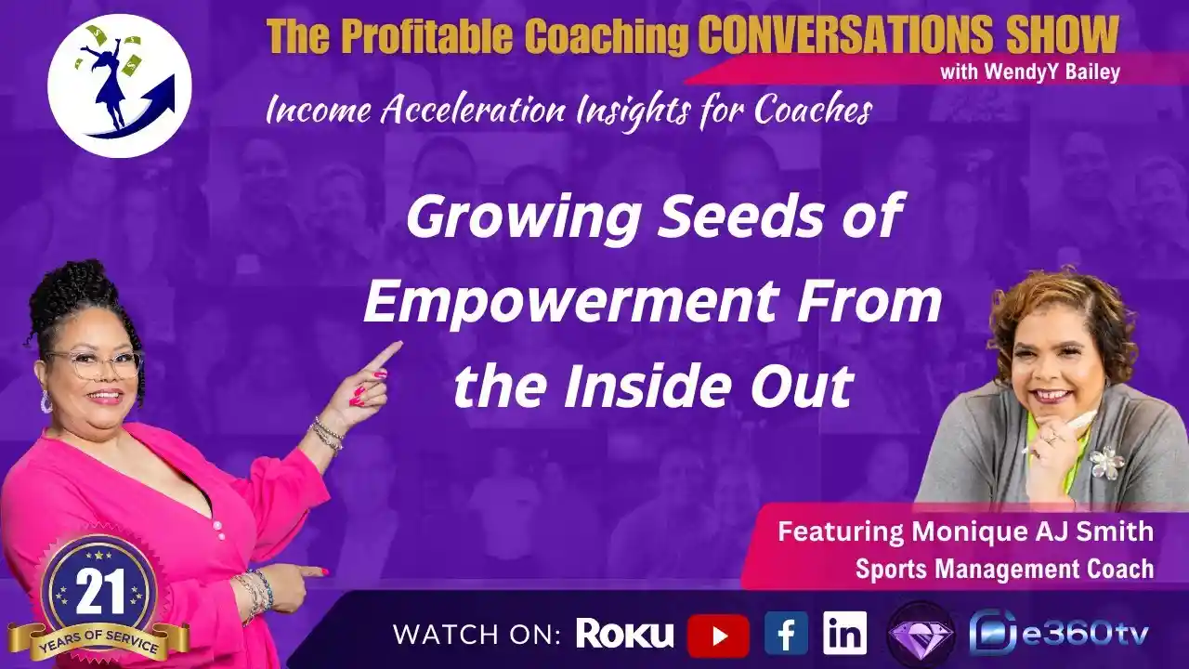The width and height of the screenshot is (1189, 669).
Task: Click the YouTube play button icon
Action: pyautogui.click(x=718, y=636)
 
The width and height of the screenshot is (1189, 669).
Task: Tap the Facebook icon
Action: pyautogui.click(x=786, y=635)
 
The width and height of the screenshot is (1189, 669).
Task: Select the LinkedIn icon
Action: pyautogui.click(x=844, y=634)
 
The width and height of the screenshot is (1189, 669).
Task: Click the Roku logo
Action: pyautogui.click(x=624, y=634)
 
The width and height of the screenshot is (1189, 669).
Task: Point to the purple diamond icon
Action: pyautogui.click(x=920, y=636)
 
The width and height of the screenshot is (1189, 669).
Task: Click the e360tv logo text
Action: pyautogui.click(x=1086, y=635)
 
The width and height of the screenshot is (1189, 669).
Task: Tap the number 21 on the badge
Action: pyautogui.click(x=94, y=592)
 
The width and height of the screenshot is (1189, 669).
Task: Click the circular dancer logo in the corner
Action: pyautogui.click(x=119, y=85)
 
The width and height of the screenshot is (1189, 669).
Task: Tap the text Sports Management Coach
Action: pyautogui.click(x=1004, y=569)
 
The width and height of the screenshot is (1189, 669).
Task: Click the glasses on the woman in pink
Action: pyautogui.click(x=96, y=363)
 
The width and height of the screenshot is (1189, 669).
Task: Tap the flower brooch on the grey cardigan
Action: pyautogui.click(x=1106, y=462)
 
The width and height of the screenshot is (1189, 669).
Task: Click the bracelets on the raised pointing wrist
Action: pyautogui.click(x=327, y=433)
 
